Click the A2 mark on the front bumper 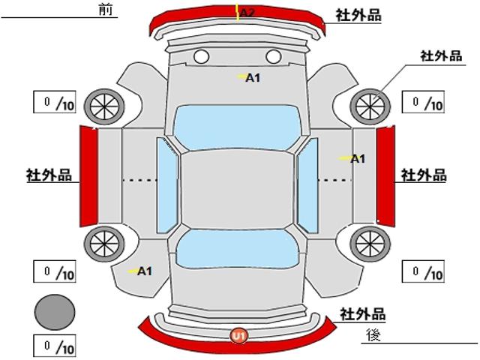247,13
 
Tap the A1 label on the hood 253,78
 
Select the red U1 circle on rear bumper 239,336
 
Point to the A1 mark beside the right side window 358,159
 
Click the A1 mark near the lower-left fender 145,271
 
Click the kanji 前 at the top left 106,10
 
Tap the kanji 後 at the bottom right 373,334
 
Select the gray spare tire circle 55,312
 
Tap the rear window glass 237,248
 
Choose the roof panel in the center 237,190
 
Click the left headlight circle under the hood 202,57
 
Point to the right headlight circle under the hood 273,57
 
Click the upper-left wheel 104,106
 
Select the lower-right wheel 370,244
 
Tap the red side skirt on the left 89,176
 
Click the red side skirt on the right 385,176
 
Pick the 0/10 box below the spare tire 55,346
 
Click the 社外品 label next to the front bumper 358,15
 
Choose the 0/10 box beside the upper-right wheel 423,102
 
